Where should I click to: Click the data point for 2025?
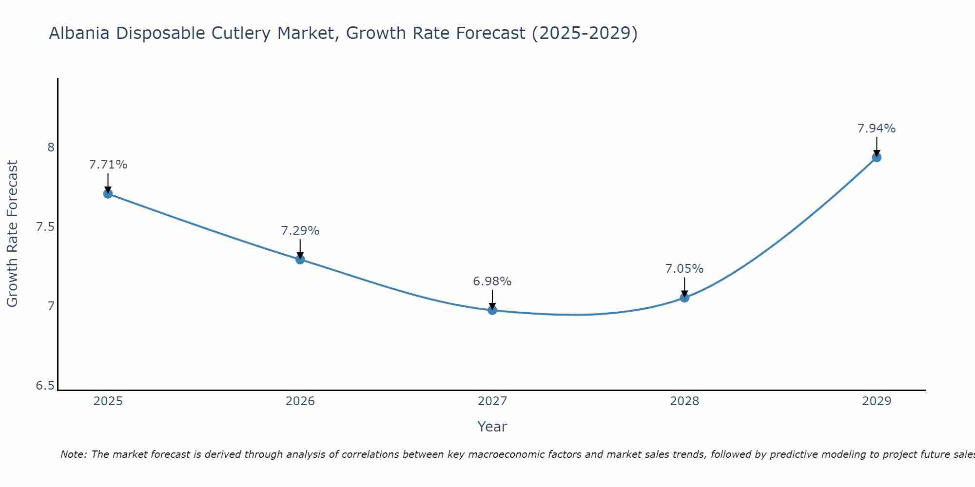(108, 194)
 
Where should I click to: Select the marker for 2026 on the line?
(300, 260)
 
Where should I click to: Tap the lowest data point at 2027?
(492, 310)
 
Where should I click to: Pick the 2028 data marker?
(684, 298)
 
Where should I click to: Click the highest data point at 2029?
(877, 157)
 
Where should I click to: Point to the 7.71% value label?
(108, 165)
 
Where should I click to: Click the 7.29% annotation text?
(300, 231)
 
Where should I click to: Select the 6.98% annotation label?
(492, 281)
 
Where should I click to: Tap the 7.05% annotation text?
(684, 269)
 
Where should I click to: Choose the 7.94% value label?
(877, 129)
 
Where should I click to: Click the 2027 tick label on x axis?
(492, 401)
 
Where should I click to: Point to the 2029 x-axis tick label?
(877, 401)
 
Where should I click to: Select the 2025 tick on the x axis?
(108, 401)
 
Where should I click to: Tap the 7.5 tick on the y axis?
(45, 227)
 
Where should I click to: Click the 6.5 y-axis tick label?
(45, 386)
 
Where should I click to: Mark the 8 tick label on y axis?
(51, 147)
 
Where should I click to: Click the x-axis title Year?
(492, 427)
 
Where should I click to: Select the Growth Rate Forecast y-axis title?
(12, 234)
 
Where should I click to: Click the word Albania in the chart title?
(79, 33)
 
